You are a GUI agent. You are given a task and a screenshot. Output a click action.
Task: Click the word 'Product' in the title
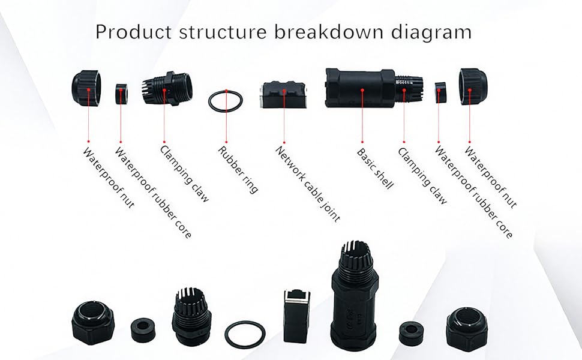tap(130, 31)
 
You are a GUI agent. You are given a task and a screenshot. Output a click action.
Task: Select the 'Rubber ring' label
tap(238, 169)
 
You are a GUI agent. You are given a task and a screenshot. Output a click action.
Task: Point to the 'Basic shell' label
tap(375, 169)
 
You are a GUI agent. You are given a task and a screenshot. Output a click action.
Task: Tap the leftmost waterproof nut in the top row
tap(87, 89)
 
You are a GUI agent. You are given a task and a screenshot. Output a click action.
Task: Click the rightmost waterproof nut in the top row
tap(472, 86)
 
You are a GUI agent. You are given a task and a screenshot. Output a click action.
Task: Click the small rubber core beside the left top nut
tap(122, 94)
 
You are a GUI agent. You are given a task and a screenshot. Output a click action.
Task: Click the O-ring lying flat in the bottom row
tap(244, 334)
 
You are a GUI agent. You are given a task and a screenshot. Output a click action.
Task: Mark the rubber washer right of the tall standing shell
tap(411, 332)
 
